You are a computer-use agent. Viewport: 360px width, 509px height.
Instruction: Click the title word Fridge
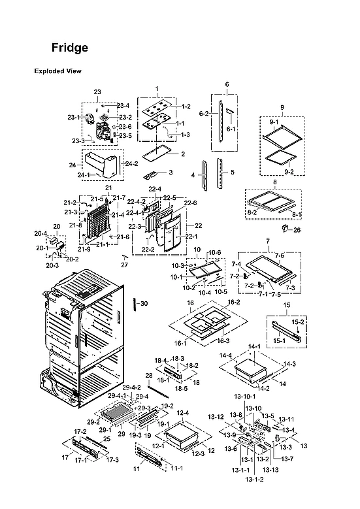(x=70, y=48)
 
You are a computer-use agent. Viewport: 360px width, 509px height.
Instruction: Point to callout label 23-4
(x=123, y=105)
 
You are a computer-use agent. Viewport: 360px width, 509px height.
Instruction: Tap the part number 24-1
(x=84, y=175)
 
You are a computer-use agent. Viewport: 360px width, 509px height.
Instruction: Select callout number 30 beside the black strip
(x=144, y=303)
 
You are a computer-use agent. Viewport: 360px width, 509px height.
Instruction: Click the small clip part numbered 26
(x=285, y=229)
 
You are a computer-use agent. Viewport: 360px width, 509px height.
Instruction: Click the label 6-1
(x=231, y=129)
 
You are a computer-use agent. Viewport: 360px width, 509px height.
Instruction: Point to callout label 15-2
(x=297, y=321)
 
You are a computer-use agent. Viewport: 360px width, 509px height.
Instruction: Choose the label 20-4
(x=41, y=233)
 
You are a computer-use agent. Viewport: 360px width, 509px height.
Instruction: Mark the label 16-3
(x=223, y=340)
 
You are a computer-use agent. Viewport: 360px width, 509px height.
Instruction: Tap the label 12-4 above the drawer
(x=182, y=413)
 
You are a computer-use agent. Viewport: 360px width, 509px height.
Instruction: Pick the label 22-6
(x=191, y=203)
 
